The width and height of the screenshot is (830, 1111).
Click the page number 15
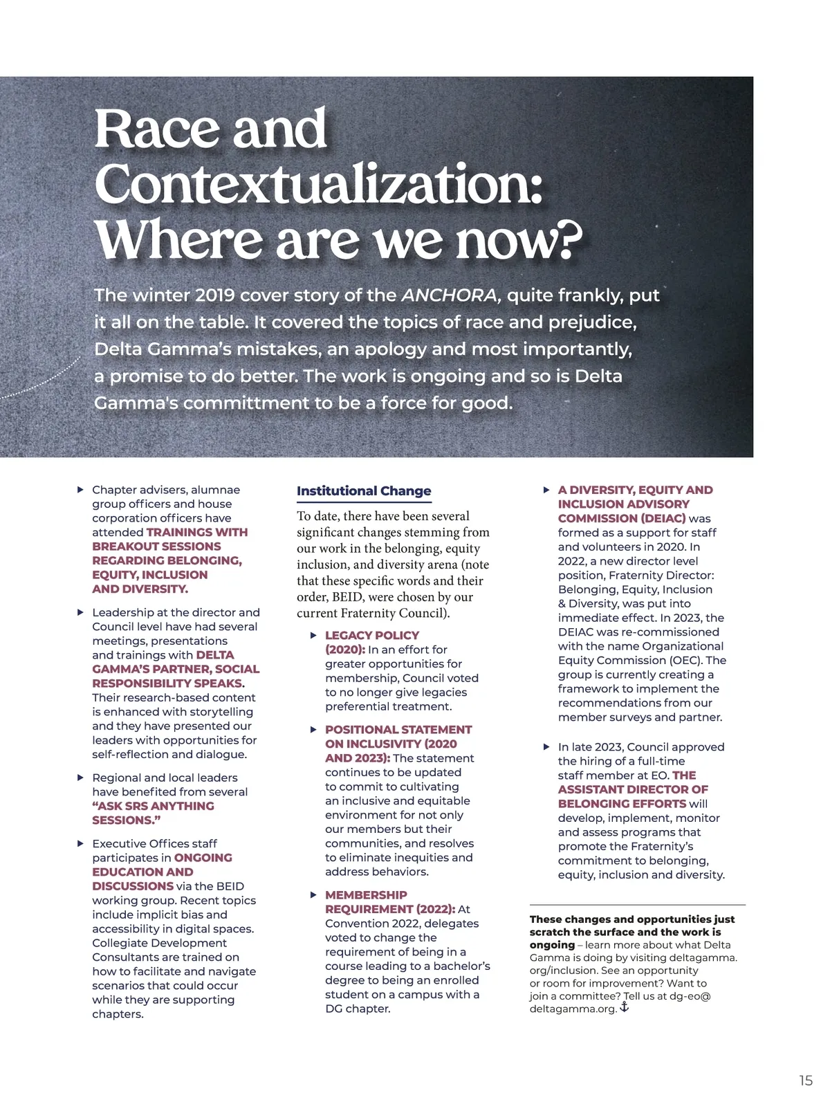pyautogui.click(x=806, y=1081)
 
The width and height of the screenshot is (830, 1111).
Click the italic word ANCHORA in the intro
pyautogui.click(x=450, y=295)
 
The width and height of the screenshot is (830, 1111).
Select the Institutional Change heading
pyautogui.click(x=364, y=490)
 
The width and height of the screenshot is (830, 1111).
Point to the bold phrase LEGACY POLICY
pyautogui.click(x=372, y=635)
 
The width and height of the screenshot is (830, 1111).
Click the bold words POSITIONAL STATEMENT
pyautogui.click(x=398, y=730)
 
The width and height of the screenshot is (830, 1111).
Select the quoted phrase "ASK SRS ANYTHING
pyautogui.click(x=153, y=806)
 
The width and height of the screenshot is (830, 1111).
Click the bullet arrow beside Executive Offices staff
pyautogui.click(x=80, y=843)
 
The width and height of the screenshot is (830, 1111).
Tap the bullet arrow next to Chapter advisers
pyautogui.click(x=80, y=490)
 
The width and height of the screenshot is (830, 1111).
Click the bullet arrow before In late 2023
pyautogui.click(x=546, y=747)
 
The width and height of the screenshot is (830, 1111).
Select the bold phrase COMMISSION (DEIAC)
pyautogui.click(x=622, y=518)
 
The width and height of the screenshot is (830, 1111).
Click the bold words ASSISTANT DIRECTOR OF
pyautogui.click(x=633, y=789)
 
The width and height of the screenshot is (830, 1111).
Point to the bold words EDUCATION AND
pyautogui.click(x=142, y=872)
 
